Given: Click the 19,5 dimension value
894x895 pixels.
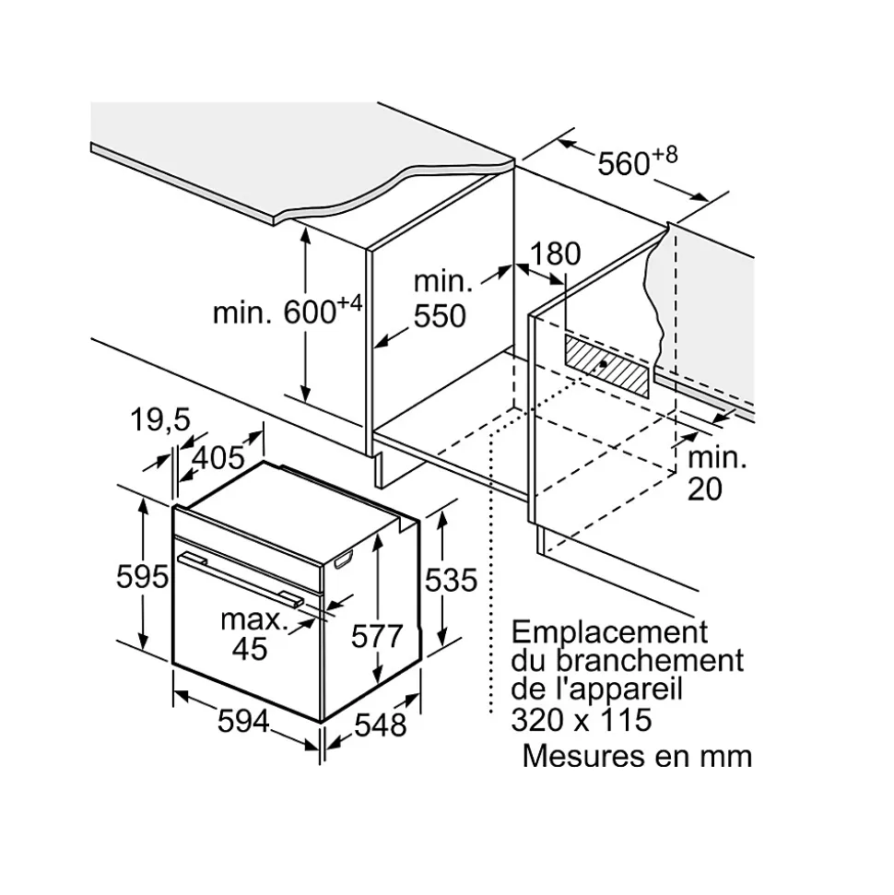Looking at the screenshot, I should (x=159, y=420).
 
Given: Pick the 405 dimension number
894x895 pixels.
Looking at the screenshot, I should (x=218, y=456).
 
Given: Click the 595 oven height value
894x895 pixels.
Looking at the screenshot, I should (x=143, y=577).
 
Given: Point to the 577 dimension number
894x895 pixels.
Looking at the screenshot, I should (x=377, y=636).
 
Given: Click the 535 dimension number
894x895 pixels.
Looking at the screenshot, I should (x=450, y=580).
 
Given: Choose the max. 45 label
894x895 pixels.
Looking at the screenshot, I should (x=250, y=634).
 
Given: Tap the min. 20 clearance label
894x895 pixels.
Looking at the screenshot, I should (x=717, y=474).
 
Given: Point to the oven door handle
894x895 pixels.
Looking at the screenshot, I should (x=241, y=578).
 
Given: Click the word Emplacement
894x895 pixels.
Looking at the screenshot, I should (x=609, y=633).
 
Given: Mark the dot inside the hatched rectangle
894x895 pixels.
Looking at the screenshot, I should (x=602, y=364).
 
